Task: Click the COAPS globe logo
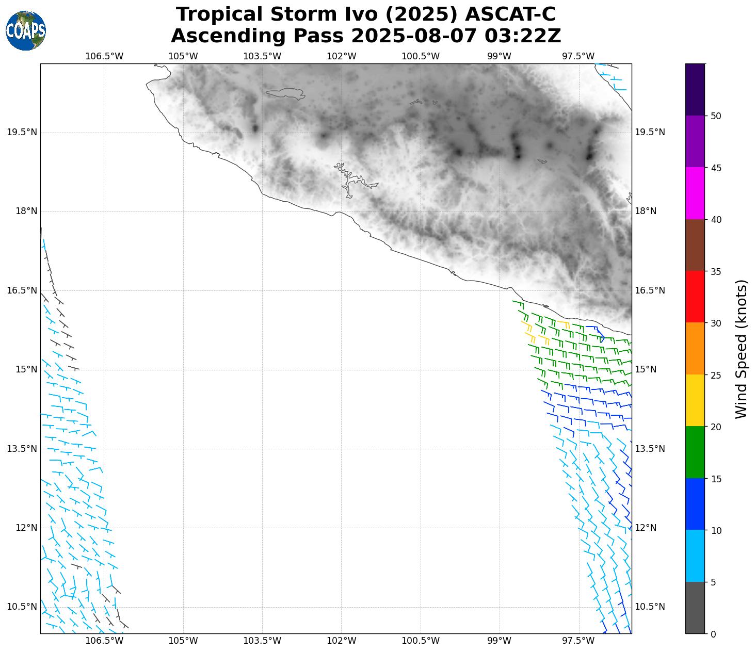pyautogui.click(x=26, y=31)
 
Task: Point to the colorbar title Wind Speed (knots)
pyautogui.click(x=741, y=349)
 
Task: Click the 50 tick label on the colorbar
pyautogui.click(x=716, y=116)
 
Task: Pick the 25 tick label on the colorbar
pyautogui.click(x=716, y=375)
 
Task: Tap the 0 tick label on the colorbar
pyautogui.click(x=713, y=634)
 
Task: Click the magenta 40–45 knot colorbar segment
pyautogui.click(x=695, y=193)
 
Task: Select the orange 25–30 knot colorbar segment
pyautogui.click(x=695, y=349)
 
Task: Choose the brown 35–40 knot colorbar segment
pyautogui.click(x=695, y=245)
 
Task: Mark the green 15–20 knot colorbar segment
pyautogui.click(x=695, y=452)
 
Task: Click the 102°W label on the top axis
pyautogui.click(x=342, y=56)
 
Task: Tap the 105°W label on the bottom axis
pyautogui.click(x=183, y=641)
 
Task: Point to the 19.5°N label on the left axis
pyautogui.click(x=22, y=133)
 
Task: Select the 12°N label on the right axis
pyautogui.click(x=646, y=528)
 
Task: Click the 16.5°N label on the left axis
pyautogui.click(x=22, y=290)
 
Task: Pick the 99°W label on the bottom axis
pyautogui.click(x=500, y=641)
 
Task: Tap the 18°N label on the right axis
pyautogui.click(x=646, y=211)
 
